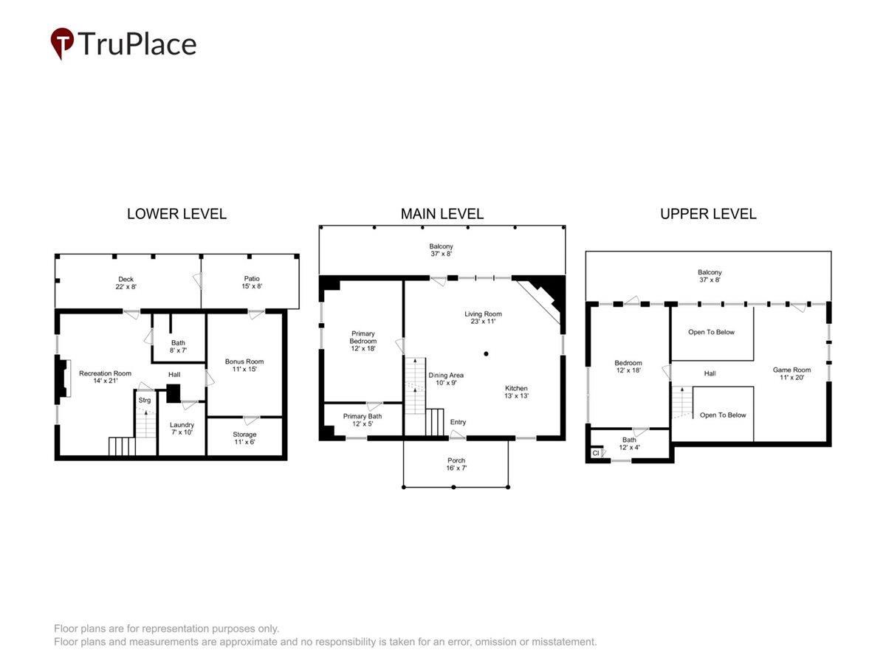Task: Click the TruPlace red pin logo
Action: [x=62, y=43]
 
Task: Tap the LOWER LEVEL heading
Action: [x=176, y=214]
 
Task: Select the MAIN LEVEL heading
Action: [x=442, y=214]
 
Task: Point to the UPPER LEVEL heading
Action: [x=708, y=214]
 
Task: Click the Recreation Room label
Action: [x=105, y=373]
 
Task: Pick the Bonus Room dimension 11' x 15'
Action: [x=244, y=369]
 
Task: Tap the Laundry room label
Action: [x=182, y=425]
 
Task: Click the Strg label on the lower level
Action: [x=145, y=400]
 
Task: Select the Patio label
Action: [x=252, y=279]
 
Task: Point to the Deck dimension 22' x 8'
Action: [x=126, y=287]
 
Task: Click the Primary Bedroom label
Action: [x=363, y=337]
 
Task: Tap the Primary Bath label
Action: [x=362, y=416]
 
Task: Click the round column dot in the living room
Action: [x=486, y=354]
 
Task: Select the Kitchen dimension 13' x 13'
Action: [x=516, y=395]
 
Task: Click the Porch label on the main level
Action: [x=456, y=460]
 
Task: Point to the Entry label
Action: [x=458, y=422]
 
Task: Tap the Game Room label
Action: [x=791, y=370]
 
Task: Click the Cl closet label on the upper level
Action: [x=595, y=453]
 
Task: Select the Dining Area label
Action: [x=446, y=376]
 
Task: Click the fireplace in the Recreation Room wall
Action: [x=63, y=378]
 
